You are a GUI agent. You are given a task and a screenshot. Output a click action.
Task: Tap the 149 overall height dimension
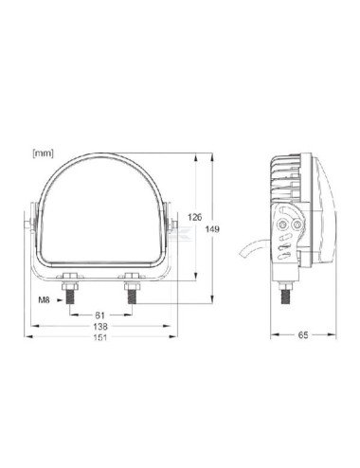click(213, 228)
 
